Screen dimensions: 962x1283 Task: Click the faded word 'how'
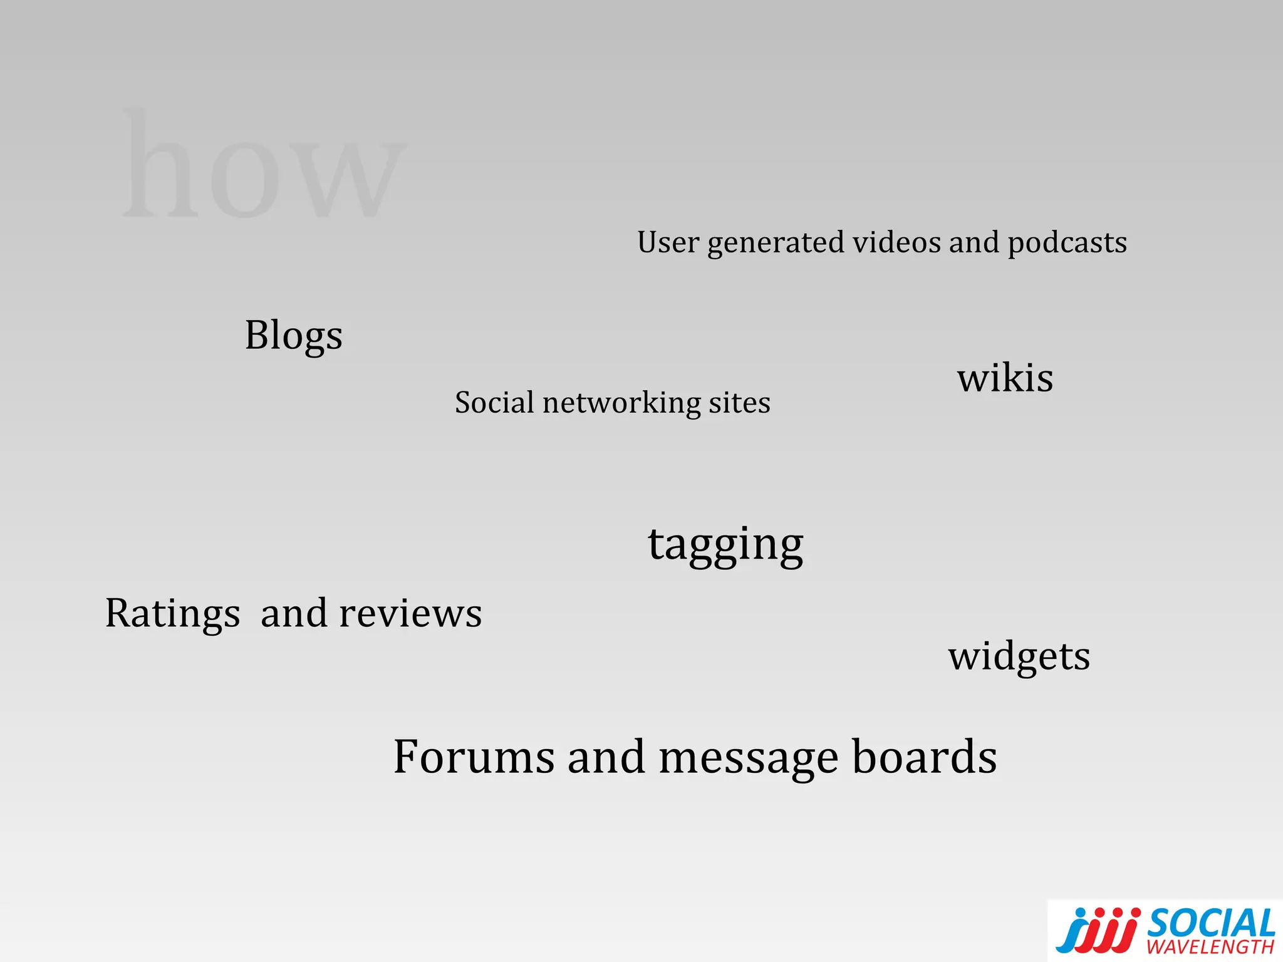tap(263, 166)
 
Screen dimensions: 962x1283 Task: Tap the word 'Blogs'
tap(293, 335)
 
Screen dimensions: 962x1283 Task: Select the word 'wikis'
tap(1005, 378)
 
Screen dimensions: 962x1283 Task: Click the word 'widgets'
tap(1019, 656)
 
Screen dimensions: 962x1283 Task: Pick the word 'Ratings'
tap(172, 613)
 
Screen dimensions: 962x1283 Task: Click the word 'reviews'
tap(410, 613)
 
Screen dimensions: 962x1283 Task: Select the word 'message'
tap(749, 758)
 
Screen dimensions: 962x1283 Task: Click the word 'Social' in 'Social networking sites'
tap(494, 402)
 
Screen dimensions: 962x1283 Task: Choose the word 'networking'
tap(621, 403)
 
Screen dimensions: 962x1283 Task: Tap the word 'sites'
tap(739, 403)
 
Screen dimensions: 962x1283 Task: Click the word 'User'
tap(668, 242)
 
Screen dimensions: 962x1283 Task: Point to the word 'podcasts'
tap(1067, 243)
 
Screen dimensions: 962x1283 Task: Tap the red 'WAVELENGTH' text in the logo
tap(1210, 946)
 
